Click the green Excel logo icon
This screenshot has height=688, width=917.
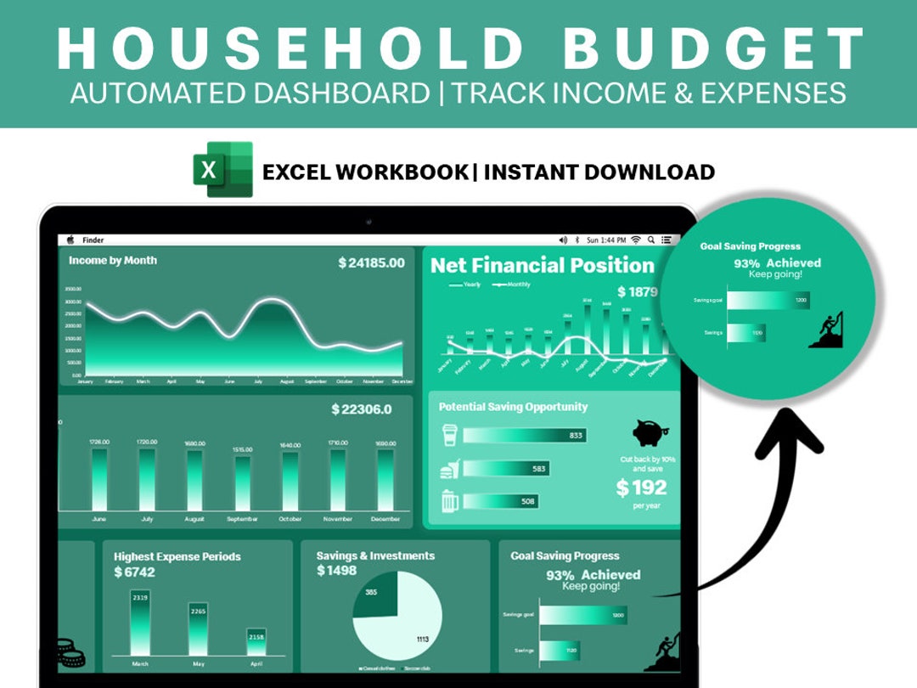[x=223, y=170]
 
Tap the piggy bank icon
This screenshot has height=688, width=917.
[x=651, y=433]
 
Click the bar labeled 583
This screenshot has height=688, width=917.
[x=506, y=468]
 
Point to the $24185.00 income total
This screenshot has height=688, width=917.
[x=371, y=262]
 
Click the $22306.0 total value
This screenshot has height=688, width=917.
[x=361, y=409]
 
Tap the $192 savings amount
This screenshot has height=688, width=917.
[x=641, y=488]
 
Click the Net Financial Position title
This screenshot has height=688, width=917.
[x=542, y=265]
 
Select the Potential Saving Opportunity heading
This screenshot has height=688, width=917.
[x=513, y=407]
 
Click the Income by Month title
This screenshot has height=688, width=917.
[x=113, y=261]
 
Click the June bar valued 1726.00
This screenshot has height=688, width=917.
[x=100, y=479]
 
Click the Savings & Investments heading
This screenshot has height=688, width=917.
[x=375, y=555]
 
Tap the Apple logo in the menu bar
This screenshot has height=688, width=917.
[x=70, y=240]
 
